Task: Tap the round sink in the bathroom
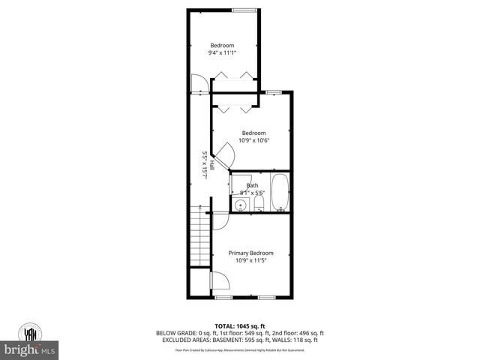coord(241,204)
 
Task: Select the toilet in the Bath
coord(259,205)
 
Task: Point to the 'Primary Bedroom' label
coord(250,253)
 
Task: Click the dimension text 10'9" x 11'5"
coord(250,261)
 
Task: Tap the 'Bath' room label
coord(253,185)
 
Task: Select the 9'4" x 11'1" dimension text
coord(223,52)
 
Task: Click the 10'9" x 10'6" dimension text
coord(253,140)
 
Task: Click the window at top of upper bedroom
coord(242,10)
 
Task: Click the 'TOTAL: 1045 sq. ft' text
coord(239,325)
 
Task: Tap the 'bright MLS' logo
coord(30,350)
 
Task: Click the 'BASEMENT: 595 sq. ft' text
coord(237,340)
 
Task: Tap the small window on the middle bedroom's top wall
coord(274,91)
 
